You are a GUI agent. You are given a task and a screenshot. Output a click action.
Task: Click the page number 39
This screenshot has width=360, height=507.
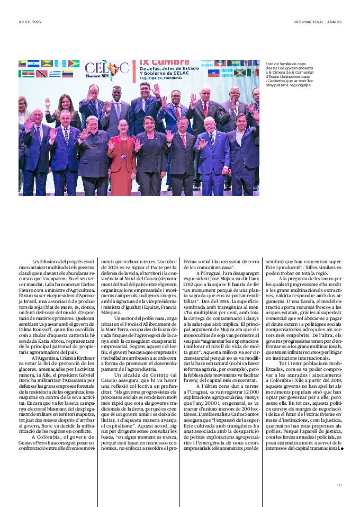[x=339, y=484]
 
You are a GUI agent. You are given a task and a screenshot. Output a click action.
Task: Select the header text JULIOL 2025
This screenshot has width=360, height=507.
[x=30, y=22]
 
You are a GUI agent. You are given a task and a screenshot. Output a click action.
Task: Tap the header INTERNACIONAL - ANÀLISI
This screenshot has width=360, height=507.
[x=318, y=22]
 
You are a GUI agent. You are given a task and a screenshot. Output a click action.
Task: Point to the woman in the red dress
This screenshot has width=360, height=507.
[x=121, y=154]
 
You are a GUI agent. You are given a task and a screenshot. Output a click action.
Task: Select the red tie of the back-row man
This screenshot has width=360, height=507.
[x=205, y=108]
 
